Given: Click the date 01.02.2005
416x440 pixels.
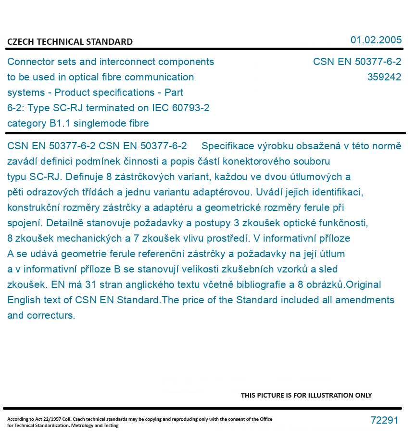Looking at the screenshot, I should pos(376,40).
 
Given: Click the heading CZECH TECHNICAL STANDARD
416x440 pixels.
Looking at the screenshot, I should pos(70,42).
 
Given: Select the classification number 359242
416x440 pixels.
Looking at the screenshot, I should pos(384,77).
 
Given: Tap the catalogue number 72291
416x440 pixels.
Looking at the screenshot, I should pos(384,420).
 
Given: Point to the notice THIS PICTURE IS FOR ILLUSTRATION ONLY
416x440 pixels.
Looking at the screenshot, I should pos(306,395).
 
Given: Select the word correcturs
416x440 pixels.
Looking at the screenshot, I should pos(51,316).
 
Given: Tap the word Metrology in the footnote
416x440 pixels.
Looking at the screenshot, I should pos(82,426).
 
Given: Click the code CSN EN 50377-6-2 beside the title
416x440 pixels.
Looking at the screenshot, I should pos(357,62).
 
